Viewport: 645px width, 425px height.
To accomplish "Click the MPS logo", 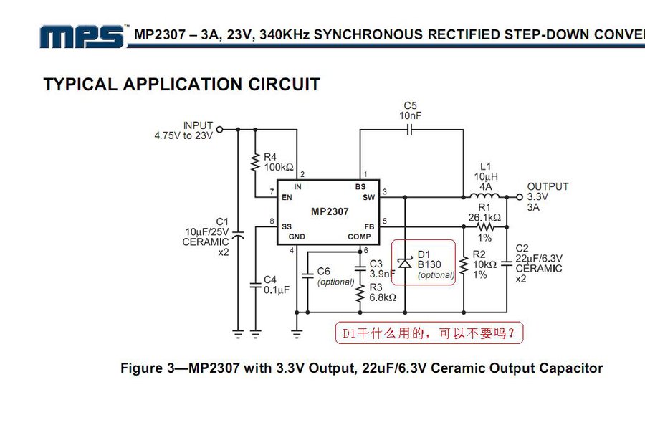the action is click(x=82, y=37).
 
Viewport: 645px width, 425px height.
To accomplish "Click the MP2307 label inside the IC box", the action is click(x=330, y=211).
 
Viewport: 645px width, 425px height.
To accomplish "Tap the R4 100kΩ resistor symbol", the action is click(x=255, y=162).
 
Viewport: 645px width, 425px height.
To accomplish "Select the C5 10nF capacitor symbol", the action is click(x=409, y=130).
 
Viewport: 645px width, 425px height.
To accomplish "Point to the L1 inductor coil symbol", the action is click(x=486, y=195).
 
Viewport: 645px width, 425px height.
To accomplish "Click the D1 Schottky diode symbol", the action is click(x=405, y=262).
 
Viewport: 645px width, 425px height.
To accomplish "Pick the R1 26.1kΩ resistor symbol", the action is click(x=485, y=226).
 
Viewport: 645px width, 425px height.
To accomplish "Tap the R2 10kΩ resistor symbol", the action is click(x=464, y=265).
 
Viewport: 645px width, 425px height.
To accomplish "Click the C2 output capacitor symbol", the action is click(x=507, y=263).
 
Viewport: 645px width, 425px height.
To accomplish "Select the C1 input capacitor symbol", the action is click(x=238, y=235).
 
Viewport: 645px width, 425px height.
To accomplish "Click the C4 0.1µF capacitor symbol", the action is click(x=255, y=285).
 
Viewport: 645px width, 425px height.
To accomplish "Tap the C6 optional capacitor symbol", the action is click(x=307, y=274).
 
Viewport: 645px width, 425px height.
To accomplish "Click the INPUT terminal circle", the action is click(x=220, y=130).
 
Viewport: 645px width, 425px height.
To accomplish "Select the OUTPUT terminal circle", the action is click(x=520, y=197).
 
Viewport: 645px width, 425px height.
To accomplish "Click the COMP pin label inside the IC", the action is click(x=359, y=237).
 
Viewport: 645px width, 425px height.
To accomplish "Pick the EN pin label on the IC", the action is click(x=287, y=198).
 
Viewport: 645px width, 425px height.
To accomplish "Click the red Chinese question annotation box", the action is click(x=429, y=333).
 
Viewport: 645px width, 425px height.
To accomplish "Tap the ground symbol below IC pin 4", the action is click(x=297, y=333).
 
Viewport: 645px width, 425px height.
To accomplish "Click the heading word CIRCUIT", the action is click(x=284, y=85).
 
